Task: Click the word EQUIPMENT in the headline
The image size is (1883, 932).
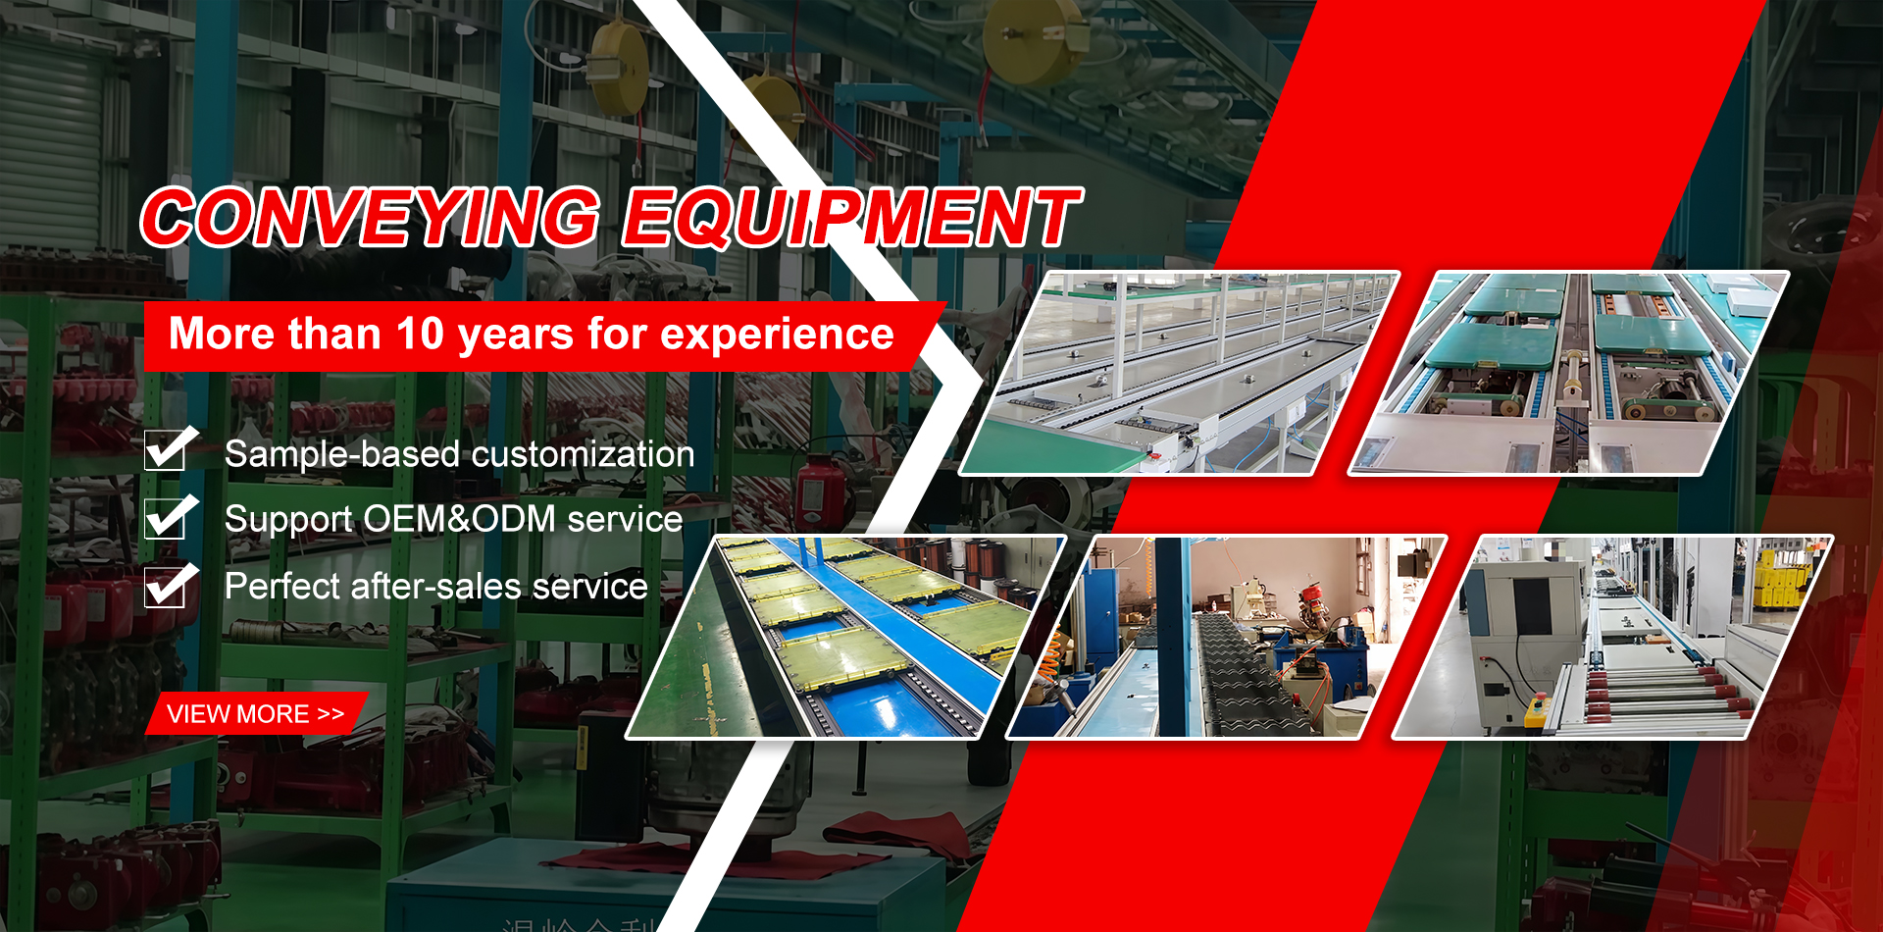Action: (851, 218)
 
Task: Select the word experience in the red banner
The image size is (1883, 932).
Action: (777, 335)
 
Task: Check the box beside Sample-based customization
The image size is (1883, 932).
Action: (166, 450)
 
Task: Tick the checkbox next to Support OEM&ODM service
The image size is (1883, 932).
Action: (166, 517)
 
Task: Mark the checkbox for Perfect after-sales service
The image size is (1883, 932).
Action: (166, 586)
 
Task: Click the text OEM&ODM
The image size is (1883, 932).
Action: (459, 519)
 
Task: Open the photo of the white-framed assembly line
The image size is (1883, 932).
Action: (1177, 374)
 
